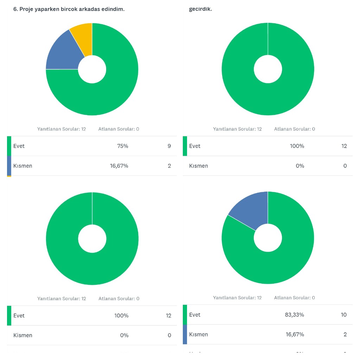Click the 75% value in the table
click(x=122, y=146)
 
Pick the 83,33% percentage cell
click(x=294, y=315)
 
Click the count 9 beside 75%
click(x=169, y=146)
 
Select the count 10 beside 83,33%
click(x=343, y=315)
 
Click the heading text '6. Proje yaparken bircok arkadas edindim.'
click(x=69, y=9)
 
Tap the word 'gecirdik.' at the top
click(x=200, y=9)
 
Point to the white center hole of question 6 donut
click(x=92, y=69)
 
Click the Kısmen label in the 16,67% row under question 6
click(x=22, y=166)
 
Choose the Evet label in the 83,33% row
click(x=194, y=315)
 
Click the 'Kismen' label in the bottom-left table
click(x=22, y=335)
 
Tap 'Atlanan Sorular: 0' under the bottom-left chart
click(x=118, y=298)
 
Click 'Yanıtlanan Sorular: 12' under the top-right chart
click(x=237, y=129)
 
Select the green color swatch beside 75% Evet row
click(x=9, y=146)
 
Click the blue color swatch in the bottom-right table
click(x=185, y=334)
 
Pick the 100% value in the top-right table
click(x=297, y=146)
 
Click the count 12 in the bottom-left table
click(x=168, y=315)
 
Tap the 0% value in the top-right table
click(x=300, y=166)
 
